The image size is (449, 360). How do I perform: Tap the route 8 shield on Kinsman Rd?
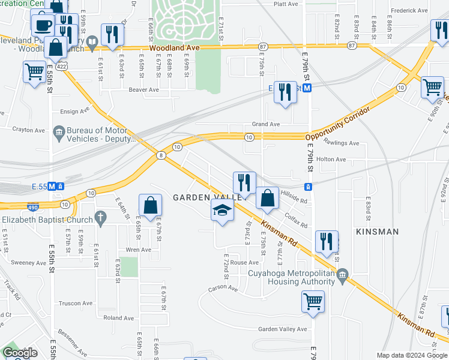[160, 155]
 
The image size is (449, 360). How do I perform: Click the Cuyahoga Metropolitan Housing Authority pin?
[342, 276]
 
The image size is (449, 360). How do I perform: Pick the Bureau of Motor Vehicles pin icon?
[59, 131]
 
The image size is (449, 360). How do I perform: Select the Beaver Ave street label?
[143, 90]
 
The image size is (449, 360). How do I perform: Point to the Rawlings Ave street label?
[341, 143]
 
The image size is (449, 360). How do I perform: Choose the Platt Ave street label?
[286, 4]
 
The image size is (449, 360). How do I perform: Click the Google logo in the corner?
[20, 352]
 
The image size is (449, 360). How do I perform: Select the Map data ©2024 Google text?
[412, 355]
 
